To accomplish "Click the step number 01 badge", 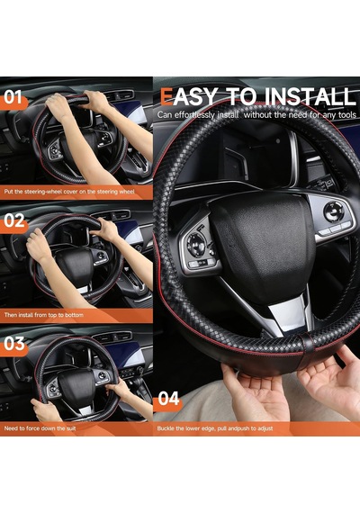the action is click(13, 98).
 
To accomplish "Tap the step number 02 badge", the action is click(13, 221).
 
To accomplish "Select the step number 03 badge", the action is click(13, 345).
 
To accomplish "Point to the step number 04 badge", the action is click(168, 399).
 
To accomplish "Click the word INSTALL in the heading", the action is click(310, 97).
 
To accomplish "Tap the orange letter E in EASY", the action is click(166, 97).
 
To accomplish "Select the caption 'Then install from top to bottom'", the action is click(43, 315).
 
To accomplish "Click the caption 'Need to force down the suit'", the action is click(40, 428).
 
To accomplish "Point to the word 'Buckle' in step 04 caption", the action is click(166, 428).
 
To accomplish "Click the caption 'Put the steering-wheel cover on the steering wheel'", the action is click(69, 192).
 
